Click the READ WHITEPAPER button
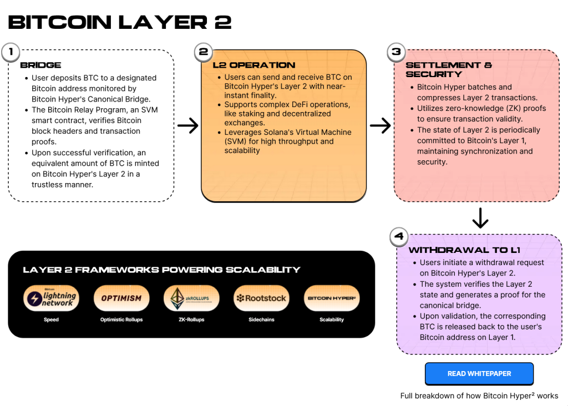coord(479,374)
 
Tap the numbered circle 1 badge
coord(10,53)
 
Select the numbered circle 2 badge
coord(203,53)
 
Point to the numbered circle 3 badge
coord(396,53)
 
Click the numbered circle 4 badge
coord(398,237)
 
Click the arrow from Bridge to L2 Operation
coord(188,126)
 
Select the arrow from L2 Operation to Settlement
coord(381,126)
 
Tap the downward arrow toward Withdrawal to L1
coord(480,219)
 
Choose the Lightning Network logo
coord(52,298)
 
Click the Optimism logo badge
coord(121,298)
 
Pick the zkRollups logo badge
coord(191,298)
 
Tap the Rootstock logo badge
coord(261,298)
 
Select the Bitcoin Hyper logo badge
coord(332,298)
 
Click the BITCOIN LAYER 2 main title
coord(120,22)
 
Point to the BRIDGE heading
coord(40,65)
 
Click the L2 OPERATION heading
coord(254,65)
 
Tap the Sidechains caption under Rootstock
coord(261,320)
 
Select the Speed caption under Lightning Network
coord(51,320)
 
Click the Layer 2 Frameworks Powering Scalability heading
coord(161,270)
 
